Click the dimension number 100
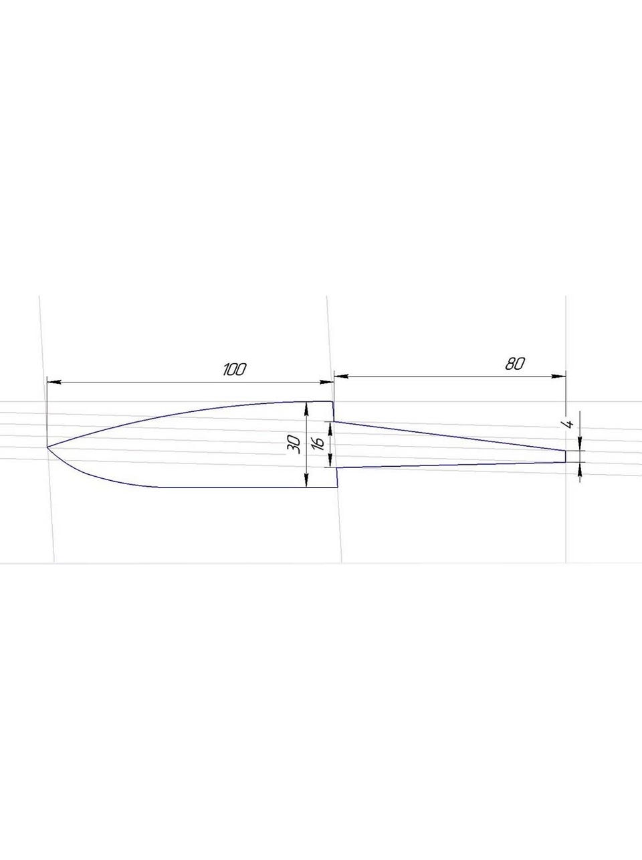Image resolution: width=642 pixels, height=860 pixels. coord(235,369)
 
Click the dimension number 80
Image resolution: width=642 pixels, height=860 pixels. coord(514,364)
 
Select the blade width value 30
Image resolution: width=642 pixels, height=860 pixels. coord(295,445)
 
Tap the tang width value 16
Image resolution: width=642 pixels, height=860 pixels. coord(319,443)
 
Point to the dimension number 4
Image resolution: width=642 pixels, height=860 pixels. coord(569,423)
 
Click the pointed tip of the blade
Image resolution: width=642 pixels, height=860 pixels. coord(47,447)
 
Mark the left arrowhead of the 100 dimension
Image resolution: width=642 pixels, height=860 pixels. coord(53,382)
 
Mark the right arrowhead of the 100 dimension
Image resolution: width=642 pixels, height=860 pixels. coord(326,382)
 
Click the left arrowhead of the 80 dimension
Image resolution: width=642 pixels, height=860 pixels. coord(341,377)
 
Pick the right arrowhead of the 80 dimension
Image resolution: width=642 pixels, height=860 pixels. coord(558,377)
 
